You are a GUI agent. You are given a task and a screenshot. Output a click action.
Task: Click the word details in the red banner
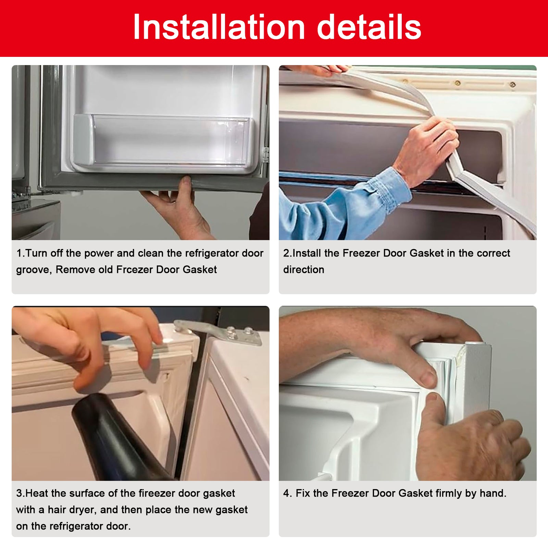(369, 27)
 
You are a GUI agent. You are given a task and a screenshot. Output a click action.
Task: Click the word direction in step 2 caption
(303, 270)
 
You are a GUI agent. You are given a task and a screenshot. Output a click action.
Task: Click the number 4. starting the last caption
(287, 493)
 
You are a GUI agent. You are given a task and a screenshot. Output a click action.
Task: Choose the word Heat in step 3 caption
(37, 493)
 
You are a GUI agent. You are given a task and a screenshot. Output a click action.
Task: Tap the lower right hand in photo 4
(473, 445)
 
